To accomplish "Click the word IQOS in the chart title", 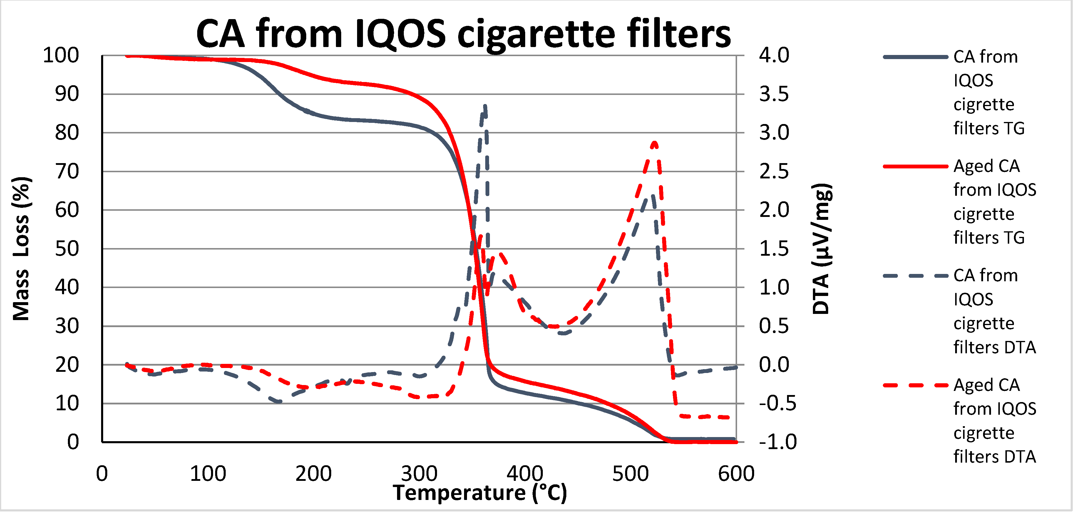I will (x=400, y=34).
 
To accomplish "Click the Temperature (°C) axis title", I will (x=480, y=493).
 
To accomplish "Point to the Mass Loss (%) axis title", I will (x=21, y=249).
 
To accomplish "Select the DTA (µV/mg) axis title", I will (x=821, y=249).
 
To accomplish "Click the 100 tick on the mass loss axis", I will (x=61, y=56).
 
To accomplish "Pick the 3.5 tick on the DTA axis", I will (x=774, y=94).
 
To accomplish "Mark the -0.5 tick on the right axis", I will (x=777, y=403).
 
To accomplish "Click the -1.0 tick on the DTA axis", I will (x=777, y=442).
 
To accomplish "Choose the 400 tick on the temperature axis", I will (x=524, y=474).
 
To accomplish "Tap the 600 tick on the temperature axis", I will (x=736, y=474).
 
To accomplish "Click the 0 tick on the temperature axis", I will (x=102, y=474).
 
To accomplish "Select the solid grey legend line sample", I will (x=915, y=57).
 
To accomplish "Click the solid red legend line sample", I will (x=915, y=166).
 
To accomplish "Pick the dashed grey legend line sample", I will (x=915, y=276).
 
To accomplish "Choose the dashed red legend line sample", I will (x=915, y=385).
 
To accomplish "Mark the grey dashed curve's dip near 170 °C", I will (x=278, y=401).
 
